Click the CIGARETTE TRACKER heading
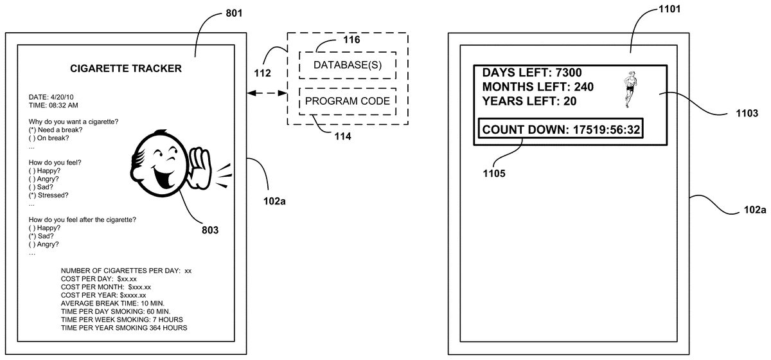point(125,68)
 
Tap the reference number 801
point(234,14)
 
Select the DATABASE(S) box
point(347,65)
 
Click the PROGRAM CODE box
point(347,101)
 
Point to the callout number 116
point(351,40)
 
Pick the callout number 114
point(342,136)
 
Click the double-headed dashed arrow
point(266,94)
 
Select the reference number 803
point(209,230)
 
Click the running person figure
point(632,89)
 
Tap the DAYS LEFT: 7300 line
point(532,73)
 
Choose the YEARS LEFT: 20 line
point(529,101)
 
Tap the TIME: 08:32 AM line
point(54,105)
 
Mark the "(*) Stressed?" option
point(49,195)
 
